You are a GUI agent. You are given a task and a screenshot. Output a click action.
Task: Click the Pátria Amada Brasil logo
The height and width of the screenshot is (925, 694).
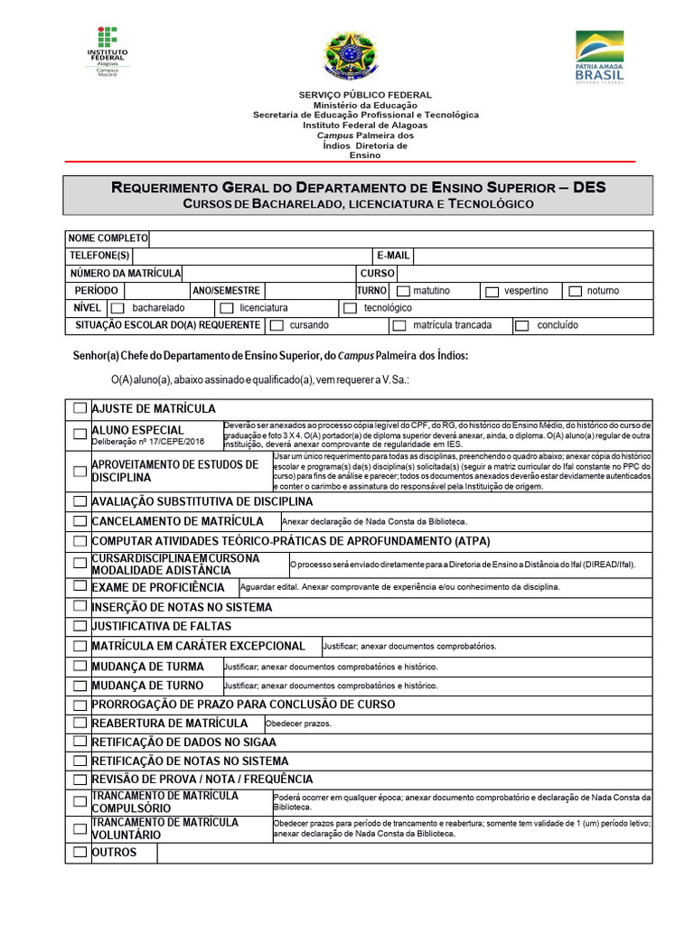point(599,57)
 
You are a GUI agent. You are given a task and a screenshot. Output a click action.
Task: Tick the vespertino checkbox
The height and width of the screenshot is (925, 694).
point(492,292)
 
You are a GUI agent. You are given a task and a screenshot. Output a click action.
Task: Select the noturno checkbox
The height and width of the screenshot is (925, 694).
point(575,292)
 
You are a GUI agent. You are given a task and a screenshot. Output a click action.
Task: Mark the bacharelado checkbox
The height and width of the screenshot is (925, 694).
point(117,309)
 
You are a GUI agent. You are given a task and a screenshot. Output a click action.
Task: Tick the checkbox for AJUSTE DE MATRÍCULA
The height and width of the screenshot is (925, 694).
point(80,409)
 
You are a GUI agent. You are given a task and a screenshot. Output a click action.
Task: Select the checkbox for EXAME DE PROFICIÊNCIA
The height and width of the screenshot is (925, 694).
point(80,587)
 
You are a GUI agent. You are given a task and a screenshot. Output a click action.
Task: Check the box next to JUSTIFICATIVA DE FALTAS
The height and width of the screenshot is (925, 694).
point(80,626)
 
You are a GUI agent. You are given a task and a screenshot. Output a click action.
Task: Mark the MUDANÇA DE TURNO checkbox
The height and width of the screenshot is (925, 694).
point(80,686)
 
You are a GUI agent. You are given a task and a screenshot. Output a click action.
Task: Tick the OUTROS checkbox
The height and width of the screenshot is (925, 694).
point(80,853)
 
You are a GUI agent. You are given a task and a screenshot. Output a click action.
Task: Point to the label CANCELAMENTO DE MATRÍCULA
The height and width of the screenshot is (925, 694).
point(177,521)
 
